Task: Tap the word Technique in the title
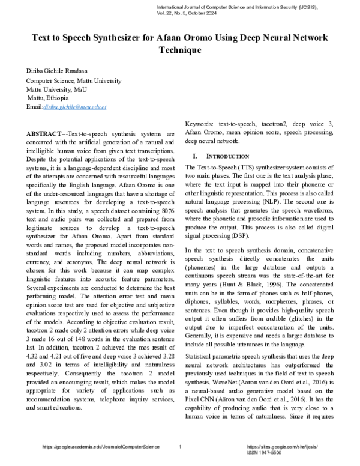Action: click(x=179, y=50)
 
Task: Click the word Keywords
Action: click(x=200, y=123)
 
